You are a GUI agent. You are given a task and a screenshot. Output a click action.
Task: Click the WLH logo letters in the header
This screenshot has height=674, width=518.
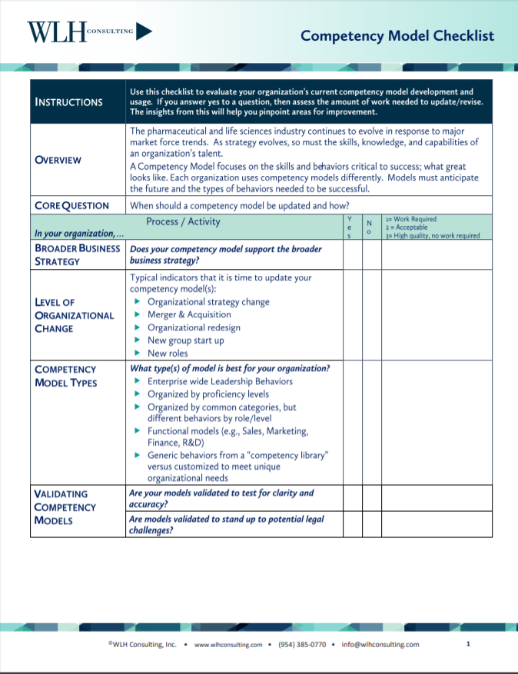56,32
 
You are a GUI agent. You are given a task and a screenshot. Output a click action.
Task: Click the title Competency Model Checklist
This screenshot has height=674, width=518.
397,36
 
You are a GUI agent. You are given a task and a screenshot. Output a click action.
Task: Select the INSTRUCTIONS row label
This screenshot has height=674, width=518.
68,102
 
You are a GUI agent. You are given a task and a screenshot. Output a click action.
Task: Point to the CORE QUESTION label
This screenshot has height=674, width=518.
71,205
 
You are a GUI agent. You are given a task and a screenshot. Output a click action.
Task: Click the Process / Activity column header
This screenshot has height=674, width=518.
183,221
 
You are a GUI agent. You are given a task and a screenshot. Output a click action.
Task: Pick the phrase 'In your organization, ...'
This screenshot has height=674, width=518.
74,234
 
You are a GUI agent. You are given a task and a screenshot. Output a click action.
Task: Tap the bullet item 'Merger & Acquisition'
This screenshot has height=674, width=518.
189,314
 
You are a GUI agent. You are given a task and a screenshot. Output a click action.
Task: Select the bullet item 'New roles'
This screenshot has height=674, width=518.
168,354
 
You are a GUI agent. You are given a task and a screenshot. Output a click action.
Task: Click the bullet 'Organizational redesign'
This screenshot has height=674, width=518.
194,327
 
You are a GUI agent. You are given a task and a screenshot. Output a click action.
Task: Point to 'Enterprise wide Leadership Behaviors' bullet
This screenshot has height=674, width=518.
220,381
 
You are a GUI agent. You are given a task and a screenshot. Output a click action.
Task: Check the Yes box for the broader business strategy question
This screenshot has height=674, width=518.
352,254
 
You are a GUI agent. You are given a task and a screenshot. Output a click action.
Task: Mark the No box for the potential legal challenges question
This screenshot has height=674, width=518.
372,524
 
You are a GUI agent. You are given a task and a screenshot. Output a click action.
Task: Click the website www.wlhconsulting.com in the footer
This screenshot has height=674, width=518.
228,645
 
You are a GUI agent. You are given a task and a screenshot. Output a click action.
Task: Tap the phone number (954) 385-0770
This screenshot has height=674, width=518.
302,645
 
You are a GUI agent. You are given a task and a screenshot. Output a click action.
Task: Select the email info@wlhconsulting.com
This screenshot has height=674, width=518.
380,645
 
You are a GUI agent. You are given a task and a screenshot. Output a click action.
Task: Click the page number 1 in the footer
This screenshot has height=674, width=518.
468,644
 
